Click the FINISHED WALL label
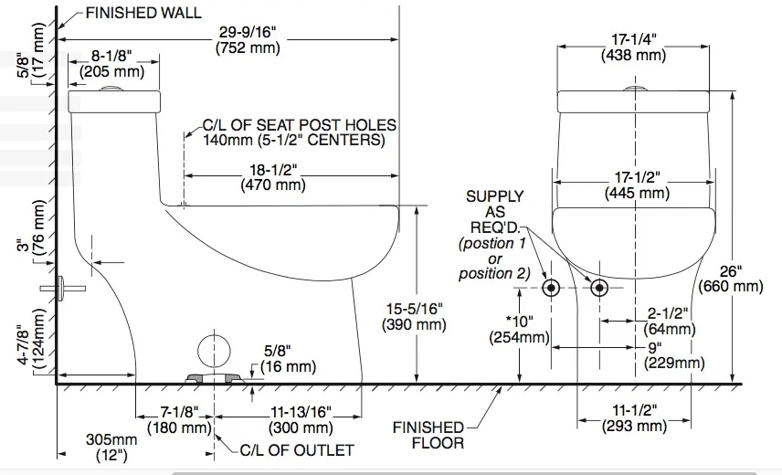point(143,14)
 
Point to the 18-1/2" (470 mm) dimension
point(272,177)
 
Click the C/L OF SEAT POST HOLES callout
point(300,132)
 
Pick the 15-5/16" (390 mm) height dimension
point(416,316)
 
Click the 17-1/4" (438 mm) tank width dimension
point(633,47)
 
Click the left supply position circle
point(552,288)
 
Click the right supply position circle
point(599,288)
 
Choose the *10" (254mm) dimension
point(523,329)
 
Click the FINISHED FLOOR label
point(428,435)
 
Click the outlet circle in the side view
point(212,353)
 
